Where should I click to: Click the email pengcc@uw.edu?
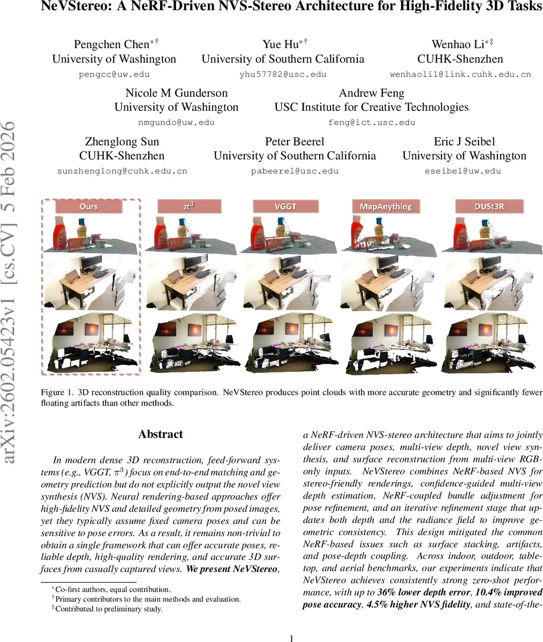114,74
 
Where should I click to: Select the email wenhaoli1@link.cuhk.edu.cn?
461,74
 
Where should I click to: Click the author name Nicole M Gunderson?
176,93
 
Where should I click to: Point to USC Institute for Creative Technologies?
372,107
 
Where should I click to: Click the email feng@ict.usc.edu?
372,123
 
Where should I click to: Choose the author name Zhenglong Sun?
122,142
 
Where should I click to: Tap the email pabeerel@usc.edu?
295,171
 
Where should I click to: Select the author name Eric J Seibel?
464,142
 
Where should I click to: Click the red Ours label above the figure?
88,207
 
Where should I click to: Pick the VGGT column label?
285,207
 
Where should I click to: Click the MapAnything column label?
386,207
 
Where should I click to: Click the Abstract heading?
160,434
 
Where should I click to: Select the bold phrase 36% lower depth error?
416,593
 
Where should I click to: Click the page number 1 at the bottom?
291,638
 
